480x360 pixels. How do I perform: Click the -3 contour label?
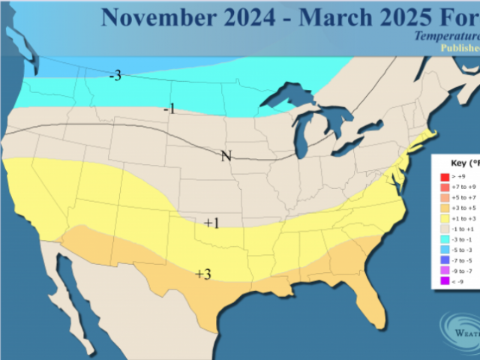115,76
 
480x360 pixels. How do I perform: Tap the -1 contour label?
169,109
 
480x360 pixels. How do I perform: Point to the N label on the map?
226,156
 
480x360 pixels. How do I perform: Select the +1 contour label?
211,223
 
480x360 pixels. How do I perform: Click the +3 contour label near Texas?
202,274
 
